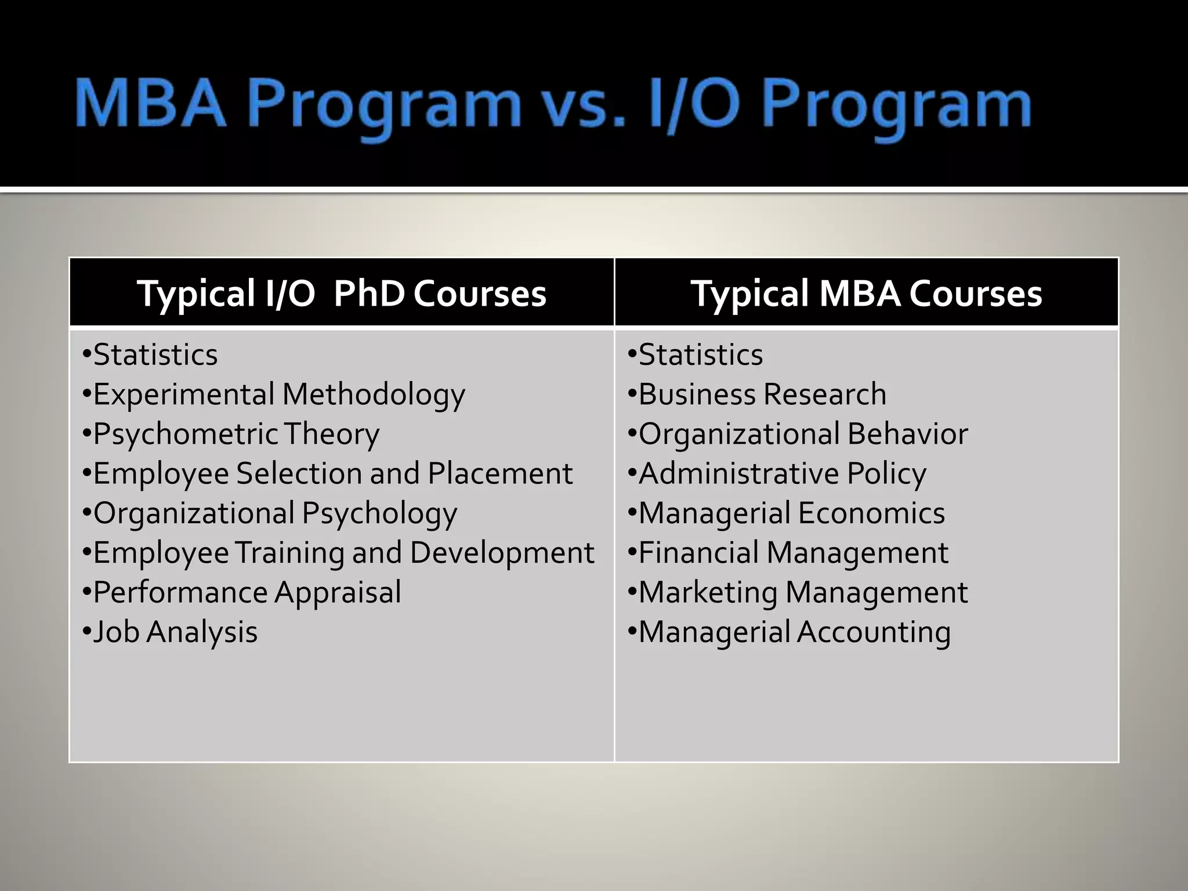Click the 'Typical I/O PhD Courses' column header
341,293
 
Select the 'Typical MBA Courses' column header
866,293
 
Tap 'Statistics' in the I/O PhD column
155,354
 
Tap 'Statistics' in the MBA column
700,354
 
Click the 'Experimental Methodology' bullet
278,395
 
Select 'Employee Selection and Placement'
332,473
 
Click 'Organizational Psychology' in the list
275,513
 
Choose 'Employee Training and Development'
343,553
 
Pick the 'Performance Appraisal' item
247,592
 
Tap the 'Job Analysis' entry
175,632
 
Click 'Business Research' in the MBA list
762,394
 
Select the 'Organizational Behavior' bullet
803,434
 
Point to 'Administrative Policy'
782,473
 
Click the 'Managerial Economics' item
791,513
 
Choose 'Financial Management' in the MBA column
793,553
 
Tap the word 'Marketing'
708,592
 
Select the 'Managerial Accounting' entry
794,632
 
